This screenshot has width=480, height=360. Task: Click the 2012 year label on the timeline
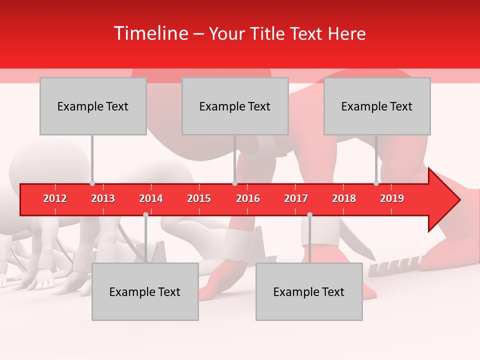(x=55, y=198)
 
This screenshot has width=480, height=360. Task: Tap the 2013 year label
(x=103, y=198)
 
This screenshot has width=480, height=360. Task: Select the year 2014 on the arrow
(x=151, y=198)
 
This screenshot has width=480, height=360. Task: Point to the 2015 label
(x=199, y=198)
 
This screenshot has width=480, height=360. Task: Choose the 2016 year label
(x=248, y=198)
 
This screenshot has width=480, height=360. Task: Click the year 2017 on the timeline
(x=296, y=198)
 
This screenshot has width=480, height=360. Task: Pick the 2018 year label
(x=344, y=198)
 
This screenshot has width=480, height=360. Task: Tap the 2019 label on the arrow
(x=392, y=198)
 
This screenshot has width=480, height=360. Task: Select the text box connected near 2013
(x=93, y=106)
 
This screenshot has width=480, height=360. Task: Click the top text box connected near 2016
(x=235, y=106)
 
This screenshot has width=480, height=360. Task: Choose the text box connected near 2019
(x=377, y=106)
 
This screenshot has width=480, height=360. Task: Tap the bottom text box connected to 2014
(x=145, y=291)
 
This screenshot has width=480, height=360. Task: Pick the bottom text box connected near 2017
(x=309, y=291)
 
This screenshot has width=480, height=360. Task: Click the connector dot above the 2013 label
(x=92, y=183)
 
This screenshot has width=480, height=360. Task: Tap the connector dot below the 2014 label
(x=145, y=214)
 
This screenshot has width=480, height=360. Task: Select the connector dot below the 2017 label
(x=309, y=214)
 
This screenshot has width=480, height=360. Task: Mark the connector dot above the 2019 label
(x=376, y=183)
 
